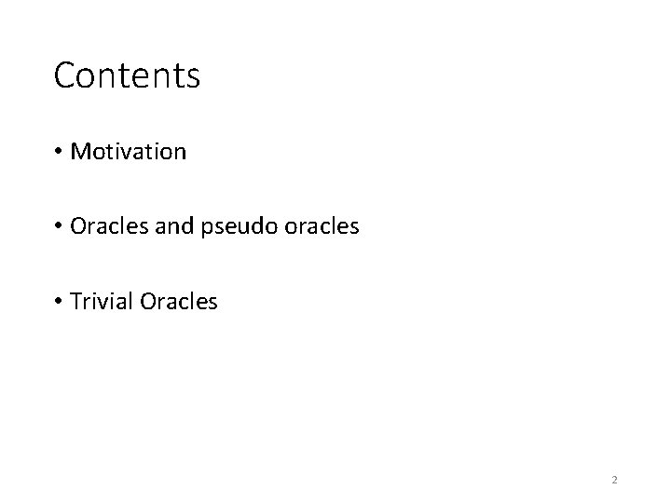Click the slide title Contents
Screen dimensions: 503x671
(x=127, y=75)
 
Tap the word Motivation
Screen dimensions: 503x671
(x=129, y=151)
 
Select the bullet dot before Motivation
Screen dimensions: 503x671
(x=59, y=152)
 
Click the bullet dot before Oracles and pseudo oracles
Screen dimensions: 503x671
(x=59, y=226)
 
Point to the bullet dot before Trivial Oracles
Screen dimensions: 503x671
(x=59, y=302)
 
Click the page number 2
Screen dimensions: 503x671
(x=615, y=480)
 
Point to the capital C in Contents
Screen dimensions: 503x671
(x=64, y=75)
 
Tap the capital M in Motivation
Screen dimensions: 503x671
(x=79, y=151)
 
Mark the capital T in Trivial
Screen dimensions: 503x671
(x=75, y=301)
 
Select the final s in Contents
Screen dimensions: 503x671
(x=193, y=77)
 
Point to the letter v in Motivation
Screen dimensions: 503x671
(x=124, y=152)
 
